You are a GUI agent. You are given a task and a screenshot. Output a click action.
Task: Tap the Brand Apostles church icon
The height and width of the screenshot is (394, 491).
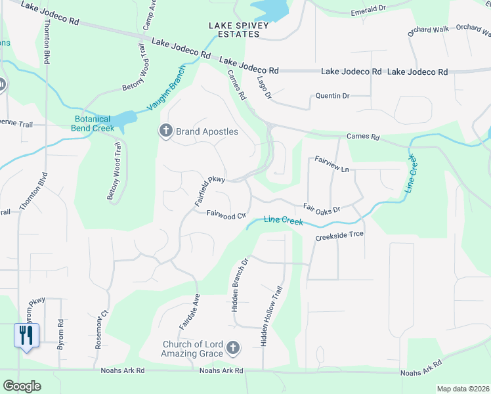click(x=165, y=131)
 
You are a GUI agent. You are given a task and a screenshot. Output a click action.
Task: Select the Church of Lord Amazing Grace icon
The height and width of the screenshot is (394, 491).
click(x=232, y=347)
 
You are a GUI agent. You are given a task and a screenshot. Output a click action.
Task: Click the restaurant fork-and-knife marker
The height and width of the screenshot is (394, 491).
click(x=26, y=336)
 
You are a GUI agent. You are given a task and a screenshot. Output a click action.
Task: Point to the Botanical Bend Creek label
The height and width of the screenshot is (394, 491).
click(x=93, y=124)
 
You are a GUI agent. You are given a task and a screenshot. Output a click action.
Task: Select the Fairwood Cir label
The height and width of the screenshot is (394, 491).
click(x=226, y=215)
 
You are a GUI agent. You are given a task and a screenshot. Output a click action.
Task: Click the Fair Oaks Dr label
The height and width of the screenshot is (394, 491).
click(x=322, y=208)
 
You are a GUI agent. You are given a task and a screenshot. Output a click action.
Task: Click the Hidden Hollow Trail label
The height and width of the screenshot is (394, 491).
click(x=269, y=317)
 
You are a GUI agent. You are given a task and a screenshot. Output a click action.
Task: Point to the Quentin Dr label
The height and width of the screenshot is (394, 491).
click(x=332, y=96)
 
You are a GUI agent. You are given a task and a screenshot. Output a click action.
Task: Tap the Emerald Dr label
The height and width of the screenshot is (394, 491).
click(x=368, y=10)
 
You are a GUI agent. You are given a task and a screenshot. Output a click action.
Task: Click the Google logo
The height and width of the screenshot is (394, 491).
click(x=22, y=386)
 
